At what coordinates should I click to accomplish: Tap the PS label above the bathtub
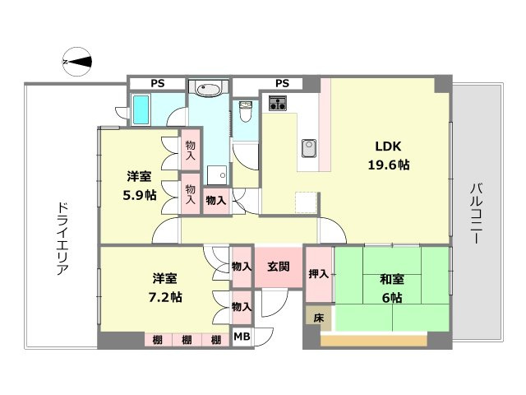[155, 83]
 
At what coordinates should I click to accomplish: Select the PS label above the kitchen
[282, 83]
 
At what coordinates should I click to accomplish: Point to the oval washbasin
[209, 89]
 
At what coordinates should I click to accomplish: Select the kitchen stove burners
[277, 103]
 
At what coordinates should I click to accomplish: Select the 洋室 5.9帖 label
[138, 186]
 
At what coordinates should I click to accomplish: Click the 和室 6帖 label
[390, 287]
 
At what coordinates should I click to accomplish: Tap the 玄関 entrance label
[278, 267]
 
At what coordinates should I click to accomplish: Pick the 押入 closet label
[318, 273]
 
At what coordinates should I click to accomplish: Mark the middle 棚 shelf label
[187, 340]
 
